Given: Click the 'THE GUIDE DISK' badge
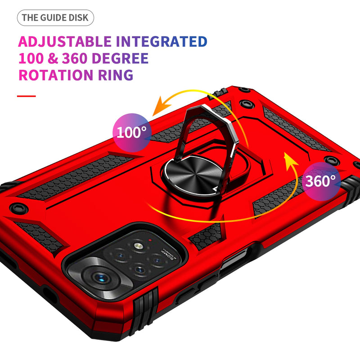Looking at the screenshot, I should click(x=56, y=18).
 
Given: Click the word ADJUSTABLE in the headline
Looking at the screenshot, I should click(x=64, y=42).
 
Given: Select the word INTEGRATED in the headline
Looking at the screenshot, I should click(x=162, y=42).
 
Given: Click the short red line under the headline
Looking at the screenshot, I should click(x=26, y=96).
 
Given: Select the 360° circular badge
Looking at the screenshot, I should click(x=320, y=181).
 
